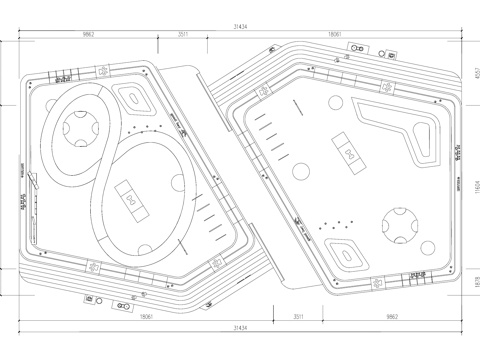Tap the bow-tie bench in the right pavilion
348,152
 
